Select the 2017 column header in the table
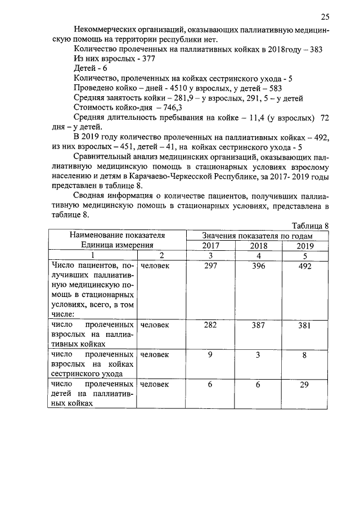[210, 245]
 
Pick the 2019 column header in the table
[305, 245]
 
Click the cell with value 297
[210, 266]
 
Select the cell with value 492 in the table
[305, 266]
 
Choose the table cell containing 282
[210, 326]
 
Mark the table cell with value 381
[305, 326]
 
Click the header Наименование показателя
[117, 236]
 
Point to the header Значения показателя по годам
[258, 236]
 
